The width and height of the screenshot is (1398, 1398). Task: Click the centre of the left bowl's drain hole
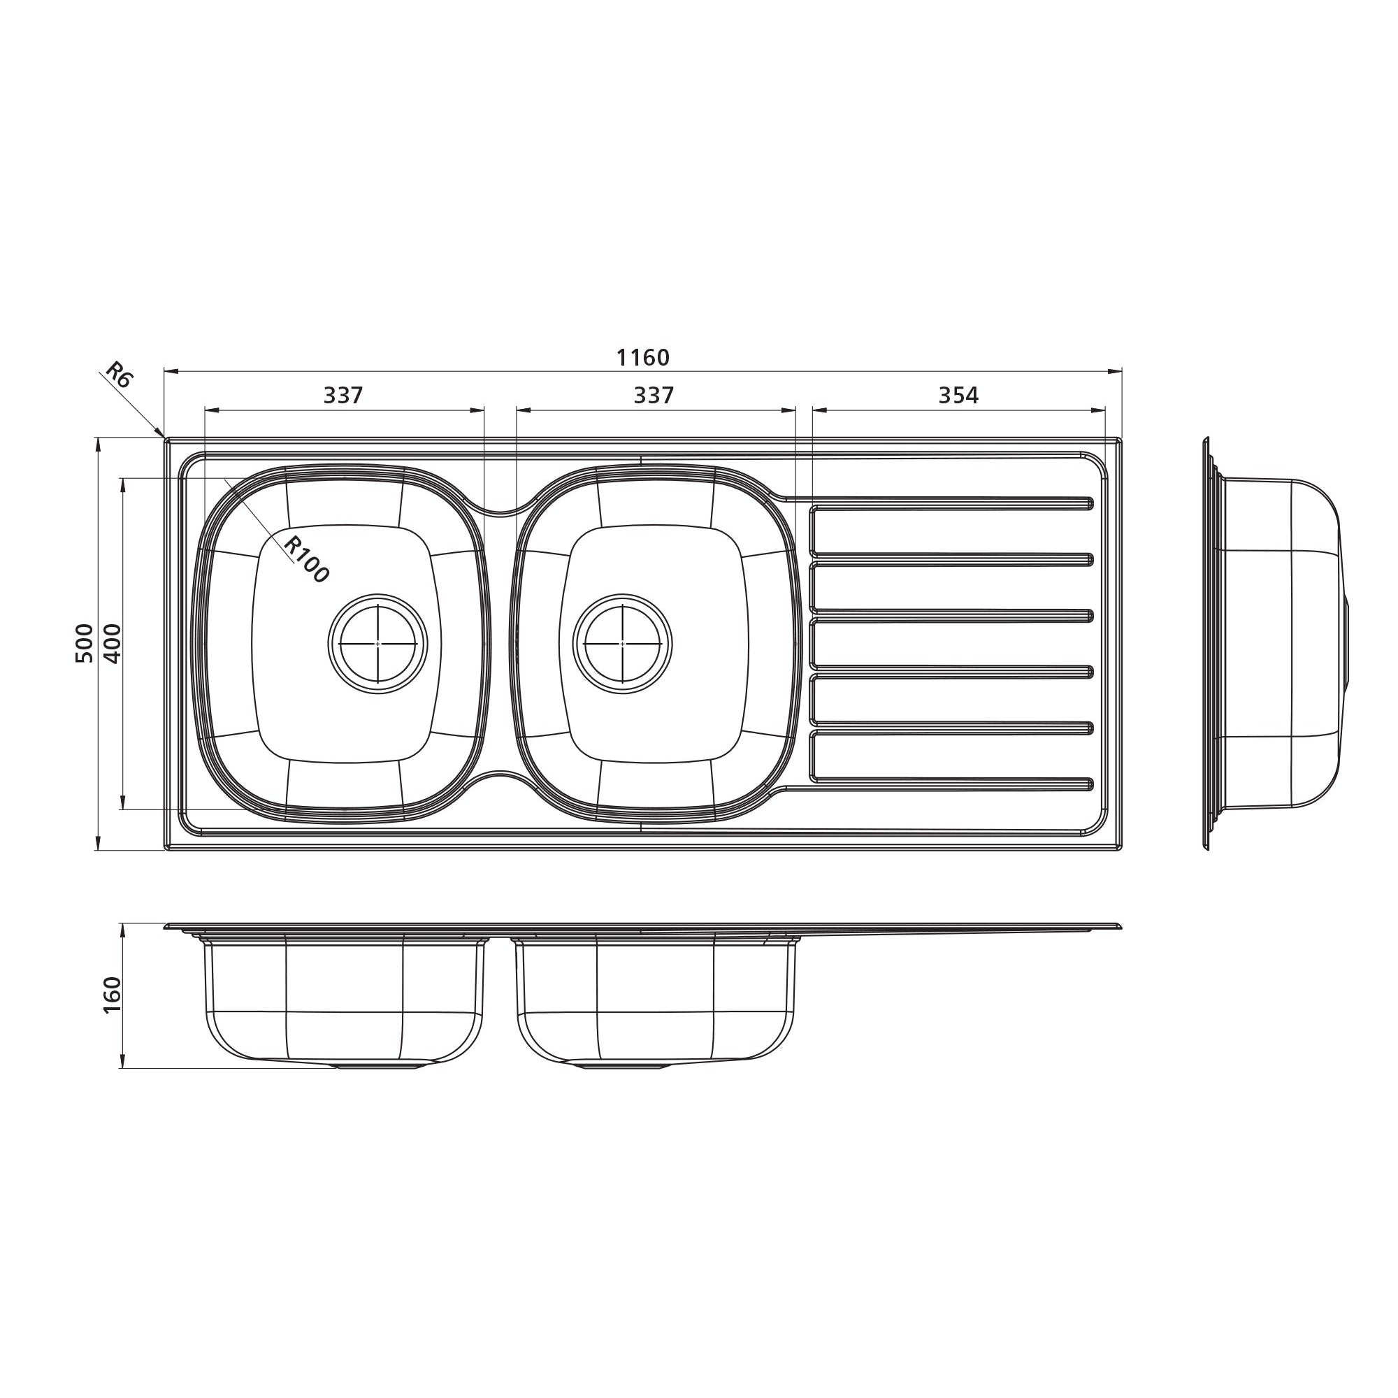(377, 643)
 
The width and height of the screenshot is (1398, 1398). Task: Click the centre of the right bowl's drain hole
(622, 643)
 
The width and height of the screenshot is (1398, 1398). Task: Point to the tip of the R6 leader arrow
(164, 438)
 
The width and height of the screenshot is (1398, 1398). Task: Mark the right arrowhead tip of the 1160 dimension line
(1122, 372)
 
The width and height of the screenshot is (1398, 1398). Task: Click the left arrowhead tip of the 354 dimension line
(813, 410)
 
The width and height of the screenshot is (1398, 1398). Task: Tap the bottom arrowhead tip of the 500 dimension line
(98, 849)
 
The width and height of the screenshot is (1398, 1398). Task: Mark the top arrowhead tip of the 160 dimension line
(123, 924)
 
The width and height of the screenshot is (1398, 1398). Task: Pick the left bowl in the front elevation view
(345, 1002)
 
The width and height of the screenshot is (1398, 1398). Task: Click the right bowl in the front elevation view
(656, 1002)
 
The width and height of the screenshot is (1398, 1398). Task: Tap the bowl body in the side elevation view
(1277, 643)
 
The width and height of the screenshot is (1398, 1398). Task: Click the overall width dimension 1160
(642, 357)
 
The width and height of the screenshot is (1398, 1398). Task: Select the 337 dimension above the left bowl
(343, 395)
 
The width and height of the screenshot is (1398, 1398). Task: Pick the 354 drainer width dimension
(958, 395)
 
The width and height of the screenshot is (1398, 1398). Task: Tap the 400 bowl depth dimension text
(112, 643)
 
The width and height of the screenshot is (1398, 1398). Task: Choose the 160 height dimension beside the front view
(112, 995)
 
